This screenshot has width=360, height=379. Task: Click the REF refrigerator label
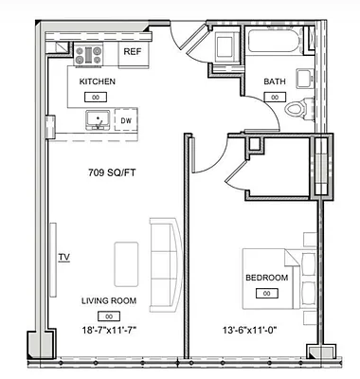coord(133,53)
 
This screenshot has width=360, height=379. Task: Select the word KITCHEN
coord(97,81)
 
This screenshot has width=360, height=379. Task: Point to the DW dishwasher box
coord(125,121)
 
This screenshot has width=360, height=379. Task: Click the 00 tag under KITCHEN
coord(95,97)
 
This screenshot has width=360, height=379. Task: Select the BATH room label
coord(275,81)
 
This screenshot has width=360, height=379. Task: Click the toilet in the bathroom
coord(297,107)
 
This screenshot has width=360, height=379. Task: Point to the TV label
coord(64,257)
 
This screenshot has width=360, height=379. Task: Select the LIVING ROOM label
coord(108,300)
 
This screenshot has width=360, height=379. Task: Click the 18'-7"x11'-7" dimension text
coord(108,330)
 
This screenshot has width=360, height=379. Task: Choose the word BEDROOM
coord(266,278)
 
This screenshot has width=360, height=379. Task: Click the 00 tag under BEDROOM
coord(266,294)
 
